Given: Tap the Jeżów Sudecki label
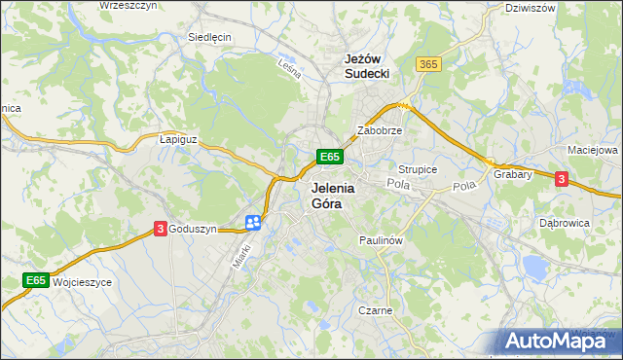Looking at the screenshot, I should pos(367,65).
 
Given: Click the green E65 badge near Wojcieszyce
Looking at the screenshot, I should pos(36,280).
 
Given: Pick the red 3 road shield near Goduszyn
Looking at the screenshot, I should pos(160,229).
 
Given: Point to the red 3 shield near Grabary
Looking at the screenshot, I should pos(561,178).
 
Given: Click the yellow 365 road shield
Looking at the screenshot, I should pos(428,64).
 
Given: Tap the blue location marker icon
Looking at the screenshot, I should pos(252,223).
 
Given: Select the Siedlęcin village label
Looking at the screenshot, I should pos(208,37).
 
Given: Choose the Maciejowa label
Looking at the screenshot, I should pos(593,151).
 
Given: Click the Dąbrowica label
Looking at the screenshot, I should pos(566,222).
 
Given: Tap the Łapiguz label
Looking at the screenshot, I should pos(178,139).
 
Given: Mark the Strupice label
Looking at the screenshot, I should pos(418,169).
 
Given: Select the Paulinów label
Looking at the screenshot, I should pos(381,239).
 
